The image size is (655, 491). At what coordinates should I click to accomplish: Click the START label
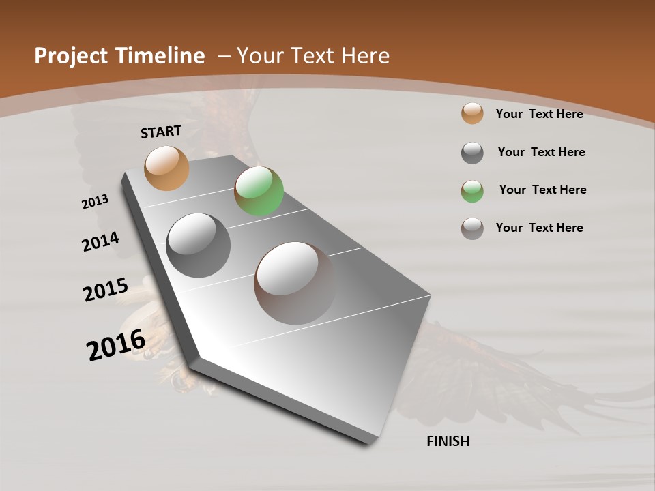pyautogui.click(x=161, y=132)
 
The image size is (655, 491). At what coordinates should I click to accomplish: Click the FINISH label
pyautogui.click(x=448, y=441)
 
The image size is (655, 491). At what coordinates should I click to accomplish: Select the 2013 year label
pyautogui.click(x=95, y=202)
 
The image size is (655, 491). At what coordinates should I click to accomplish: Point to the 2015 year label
pyautogui.click(x=105, y=289)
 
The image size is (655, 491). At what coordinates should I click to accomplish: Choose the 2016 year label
pyautogui.click(x=116, y=345)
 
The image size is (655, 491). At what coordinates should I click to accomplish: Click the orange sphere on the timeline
pyautogui.click(x=166, y=168)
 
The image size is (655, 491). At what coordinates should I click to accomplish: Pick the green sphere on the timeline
pyautogui.click(x=259, y=191)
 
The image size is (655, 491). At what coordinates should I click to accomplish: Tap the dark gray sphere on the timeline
pyautogui.click(x=199, y=245)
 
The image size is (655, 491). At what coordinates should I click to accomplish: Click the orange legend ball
pyautogui.click(x=472, y=114)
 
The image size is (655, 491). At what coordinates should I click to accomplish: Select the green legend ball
pyautogui.click(x=472, y=190)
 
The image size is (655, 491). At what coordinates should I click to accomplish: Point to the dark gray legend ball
pyautogui.click(x=472, y=153)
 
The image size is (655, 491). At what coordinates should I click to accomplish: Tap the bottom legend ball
pyautogui.click(x=472, y=228)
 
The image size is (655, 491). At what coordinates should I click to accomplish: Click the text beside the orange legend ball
pyautogui.click(x=539, y=114)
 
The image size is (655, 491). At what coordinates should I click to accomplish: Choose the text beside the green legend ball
pyautogui.click(x=542, y=190)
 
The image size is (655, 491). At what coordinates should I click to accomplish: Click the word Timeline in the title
pyautogui.click(x=161, y=56)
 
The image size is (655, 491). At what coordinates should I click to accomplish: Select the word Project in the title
pyautogui.click(x=71, y=56)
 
